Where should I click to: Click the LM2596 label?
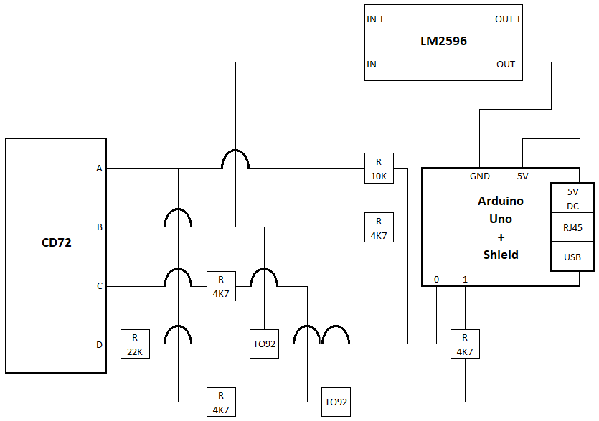(443, 42)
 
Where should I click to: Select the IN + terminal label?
(375, 19)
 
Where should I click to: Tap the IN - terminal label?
(374, 65)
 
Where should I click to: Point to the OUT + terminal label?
(508, 19)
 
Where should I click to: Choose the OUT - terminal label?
(508, 65)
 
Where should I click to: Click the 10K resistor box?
(379, 169)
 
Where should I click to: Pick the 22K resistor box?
(135, 344)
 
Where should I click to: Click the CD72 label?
(56, 243)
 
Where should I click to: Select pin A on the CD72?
(99, 169)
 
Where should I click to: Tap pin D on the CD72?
(99, 344)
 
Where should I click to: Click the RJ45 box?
(572, 227)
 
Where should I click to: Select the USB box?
(572, 257)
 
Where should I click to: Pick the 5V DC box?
(572, 199)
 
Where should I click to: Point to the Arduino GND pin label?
(480, 176)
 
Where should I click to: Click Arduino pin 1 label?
(465, 279)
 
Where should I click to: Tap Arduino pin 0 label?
(436, 279)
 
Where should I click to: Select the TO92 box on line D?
(264, 344)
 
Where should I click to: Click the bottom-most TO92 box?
(336, 402)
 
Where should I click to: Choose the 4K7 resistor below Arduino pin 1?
(465, 344)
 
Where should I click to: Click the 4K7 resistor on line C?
(221, 286)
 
